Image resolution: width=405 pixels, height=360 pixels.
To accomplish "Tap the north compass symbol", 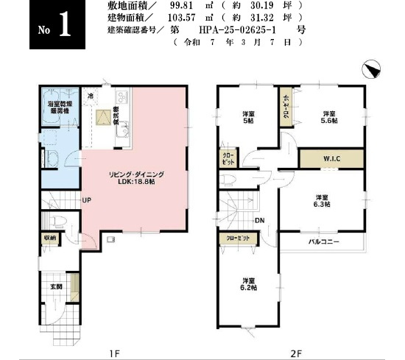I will click(x=373, y=71).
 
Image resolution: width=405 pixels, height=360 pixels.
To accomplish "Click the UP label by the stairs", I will click(x=86, y=200).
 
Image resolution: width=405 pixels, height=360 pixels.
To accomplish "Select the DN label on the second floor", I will click(x=260, y=221).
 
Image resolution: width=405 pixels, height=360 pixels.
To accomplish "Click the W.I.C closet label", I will click(x=330, y=158).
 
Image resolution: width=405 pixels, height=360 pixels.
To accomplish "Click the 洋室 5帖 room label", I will click(x=249, y=116).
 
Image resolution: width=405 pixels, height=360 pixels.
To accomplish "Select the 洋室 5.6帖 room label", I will click(x=328, y=116).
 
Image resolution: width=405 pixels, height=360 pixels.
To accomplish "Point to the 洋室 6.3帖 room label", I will click(x=322, y=201).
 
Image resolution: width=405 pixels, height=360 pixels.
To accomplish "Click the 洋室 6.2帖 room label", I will click(x=249, y=284).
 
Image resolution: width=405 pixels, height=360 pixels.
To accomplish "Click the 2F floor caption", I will click(x=296, y=353).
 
